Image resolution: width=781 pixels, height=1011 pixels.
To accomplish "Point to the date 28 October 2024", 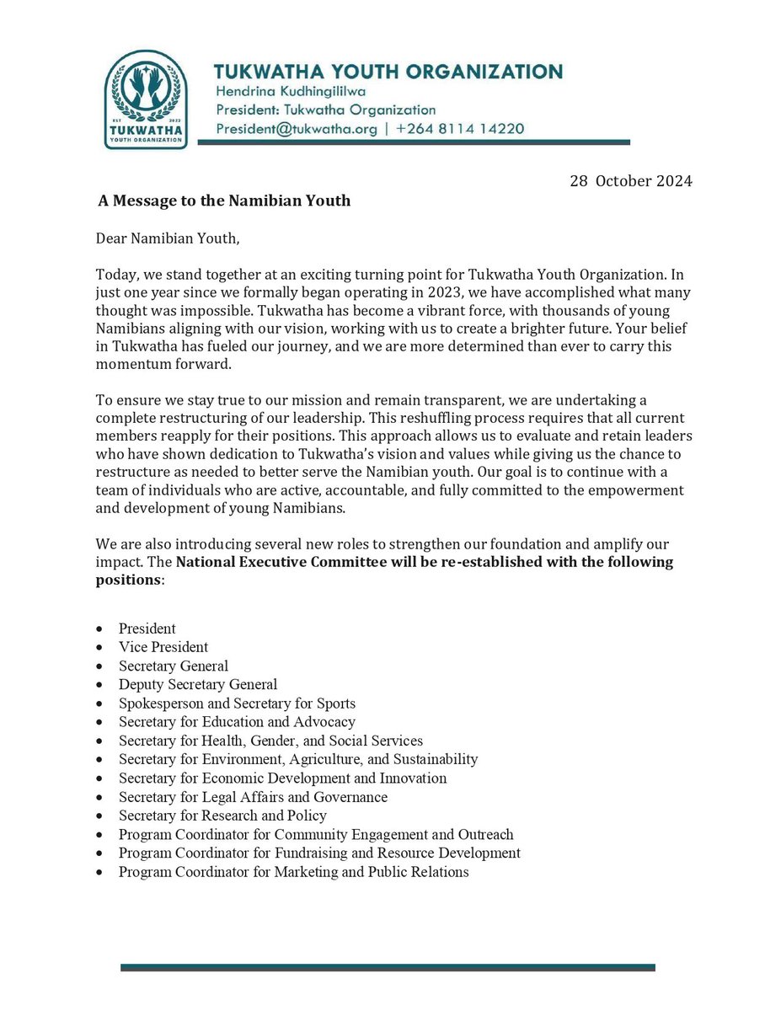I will coord(632,182).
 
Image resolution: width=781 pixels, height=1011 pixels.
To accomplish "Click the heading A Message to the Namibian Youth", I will coord(223,201).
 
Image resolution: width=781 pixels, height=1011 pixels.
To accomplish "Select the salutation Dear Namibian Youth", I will coord(168,239).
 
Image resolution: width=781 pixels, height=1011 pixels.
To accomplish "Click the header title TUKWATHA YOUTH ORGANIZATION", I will coord(388,72).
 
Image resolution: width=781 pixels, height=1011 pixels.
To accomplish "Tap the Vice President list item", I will coord(163,647).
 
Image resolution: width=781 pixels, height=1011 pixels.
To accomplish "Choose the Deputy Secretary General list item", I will coord(197,685).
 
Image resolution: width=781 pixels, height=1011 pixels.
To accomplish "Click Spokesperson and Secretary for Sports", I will coord(237,703).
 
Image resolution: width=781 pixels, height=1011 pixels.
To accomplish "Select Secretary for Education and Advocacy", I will coord(237,722).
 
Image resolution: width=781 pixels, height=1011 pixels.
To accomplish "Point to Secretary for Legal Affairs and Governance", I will coord(253,797).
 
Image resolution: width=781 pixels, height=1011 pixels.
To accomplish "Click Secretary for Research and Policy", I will coord(222,816).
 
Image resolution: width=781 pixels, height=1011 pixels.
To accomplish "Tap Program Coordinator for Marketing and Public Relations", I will coord(293,872).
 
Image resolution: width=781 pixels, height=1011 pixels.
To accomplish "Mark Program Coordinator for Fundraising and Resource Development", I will coord(319,853).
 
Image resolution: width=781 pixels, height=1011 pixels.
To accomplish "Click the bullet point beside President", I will coord(101,629).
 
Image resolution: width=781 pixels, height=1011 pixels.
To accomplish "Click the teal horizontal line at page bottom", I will coord(388,967).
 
